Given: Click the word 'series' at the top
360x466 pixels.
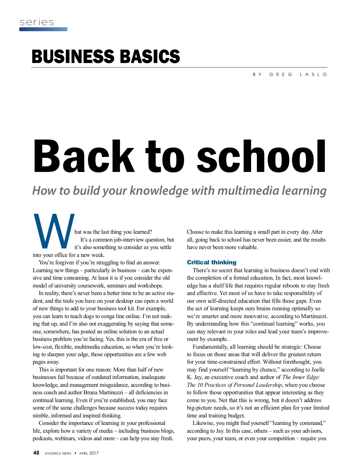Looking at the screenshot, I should pyautogui.click(x=37, y=22).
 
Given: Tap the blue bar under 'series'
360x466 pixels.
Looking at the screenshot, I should pyautogui.click(x=43, y=29).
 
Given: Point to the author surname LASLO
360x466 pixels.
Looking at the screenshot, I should pyautogui.click(x=313, y=74).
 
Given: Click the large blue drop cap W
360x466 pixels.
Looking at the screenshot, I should pyautogui.click(x=53, y=231).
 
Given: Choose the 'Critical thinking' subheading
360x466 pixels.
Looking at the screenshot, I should pyautogui.click(x=211, y=262).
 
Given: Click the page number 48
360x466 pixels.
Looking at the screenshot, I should pyautogui.click(x=36, y=453).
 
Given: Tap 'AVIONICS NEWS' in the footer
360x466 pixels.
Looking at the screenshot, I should pyautogui.click(x=58, y=453).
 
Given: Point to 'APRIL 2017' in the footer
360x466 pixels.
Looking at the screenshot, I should pyautogui.click(x=89, y=453).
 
